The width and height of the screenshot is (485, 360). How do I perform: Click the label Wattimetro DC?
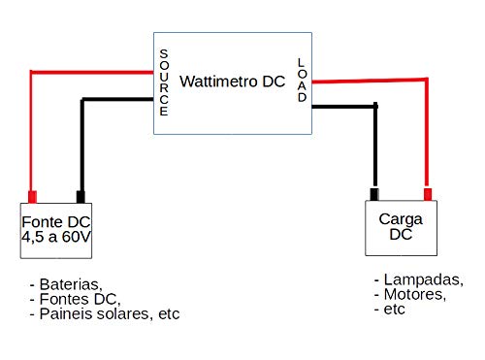click(x=233, y=82)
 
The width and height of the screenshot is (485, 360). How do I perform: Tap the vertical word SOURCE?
click(x=163, y=82)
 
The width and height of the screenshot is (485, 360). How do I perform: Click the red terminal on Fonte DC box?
click(x=33, y=195)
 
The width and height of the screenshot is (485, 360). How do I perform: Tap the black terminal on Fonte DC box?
click(x=81, y=195)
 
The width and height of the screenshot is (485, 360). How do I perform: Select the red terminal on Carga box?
click(x=426, y=192)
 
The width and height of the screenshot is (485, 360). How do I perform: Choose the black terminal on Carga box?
click(x=372, y=192)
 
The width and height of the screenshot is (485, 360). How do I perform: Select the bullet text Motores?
click(x=411, y=294)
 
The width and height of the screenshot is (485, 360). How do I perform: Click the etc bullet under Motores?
click(x=390, y=309)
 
